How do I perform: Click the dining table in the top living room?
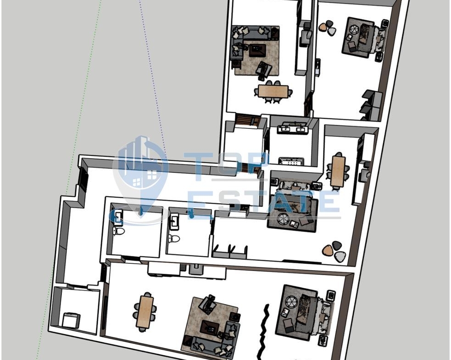[273, 91]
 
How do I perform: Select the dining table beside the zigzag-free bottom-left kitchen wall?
[146, 311]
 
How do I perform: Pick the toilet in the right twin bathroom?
[174, 238]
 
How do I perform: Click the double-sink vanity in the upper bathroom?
[293, 128]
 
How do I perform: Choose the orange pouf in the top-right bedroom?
[323, 27]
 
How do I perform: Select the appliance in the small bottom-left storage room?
[71, 320]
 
